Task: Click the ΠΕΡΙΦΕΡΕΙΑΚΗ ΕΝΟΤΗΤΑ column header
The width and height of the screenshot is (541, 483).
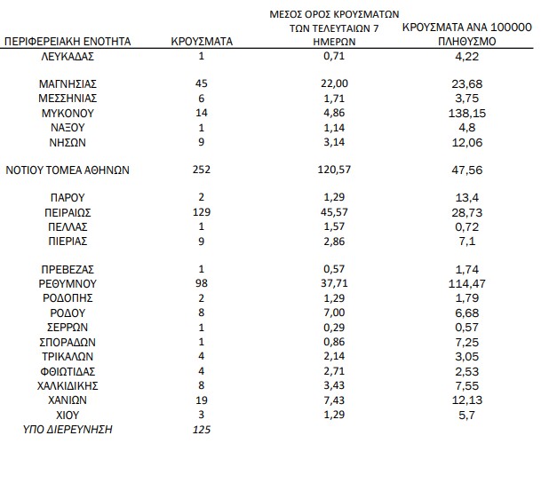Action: pos(68,42)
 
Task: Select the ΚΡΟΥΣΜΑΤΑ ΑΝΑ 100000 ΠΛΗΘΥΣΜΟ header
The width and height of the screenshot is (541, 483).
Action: pos(465,35)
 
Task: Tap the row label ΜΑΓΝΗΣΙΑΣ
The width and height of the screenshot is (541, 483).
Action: pos(68,84)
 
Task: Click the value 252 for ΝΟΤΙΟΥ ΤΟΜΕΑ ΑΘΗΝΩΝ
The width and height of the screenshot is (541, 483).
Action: pos(201,171)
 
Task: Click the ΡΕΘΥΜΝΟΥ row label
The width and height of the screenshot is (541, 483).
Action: pos(68,281)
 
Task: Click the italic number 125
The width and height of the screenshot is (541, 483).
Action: pos(201,429)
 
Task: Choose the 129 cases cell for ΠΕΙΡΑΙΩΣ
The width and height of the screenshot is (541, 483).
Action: pos(201,214)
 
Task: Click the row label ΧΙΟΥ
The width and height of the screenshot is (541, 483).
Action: pos(68,414)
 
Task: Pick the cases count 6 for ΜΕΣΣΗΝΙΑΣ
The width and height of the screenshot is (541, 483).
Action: pos(201,99)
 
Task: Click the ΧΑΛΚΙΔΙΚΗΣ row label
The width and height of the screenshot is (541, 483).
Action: pos(68,385)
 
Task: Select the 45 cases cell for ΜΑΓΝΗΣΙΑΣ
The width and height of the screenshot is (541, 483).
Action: pos(201,84)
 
